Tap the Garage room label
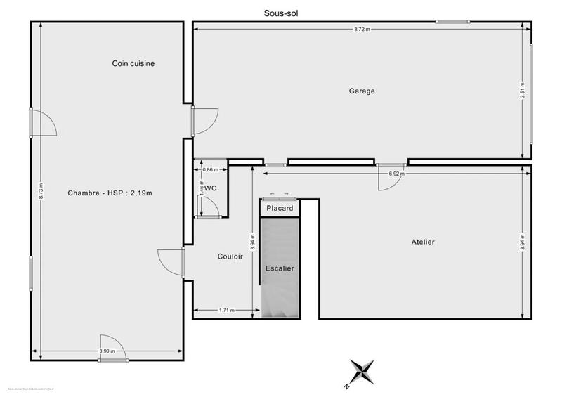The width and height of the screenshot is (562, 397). pyautogui.click(x=362, y=91)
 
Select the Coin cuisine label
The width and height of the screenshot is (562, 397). pyautogui.click(x=133, y=63)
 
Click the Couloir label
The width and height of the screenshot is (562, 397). pyautogui.click(x=230, y=256)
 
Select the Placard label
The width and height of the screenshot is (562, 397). pyautogui.click(x=280, y=209)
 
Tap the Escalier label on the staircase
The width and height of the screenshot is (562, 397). pyautogui.click(x=280, y=268)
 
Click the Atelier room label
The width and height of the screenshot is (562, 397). pyautogui.click(x=423, y=242)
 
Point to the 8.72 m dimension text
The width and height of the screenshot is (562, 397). pyautogui.click(x=362, y=30)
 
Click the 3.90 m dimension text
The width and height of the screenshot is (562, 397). pyautogui.click(x=107, y=351)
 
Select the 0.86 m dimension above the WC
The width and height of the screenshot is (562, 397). pyautogui.click(x=209, y=170)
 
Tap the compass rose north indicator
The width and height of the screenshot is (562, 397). pyautogui.click(x=362, y=372)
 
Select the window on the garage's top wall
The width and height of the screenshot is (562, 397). pyautogui.click(x=452, y=22)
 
